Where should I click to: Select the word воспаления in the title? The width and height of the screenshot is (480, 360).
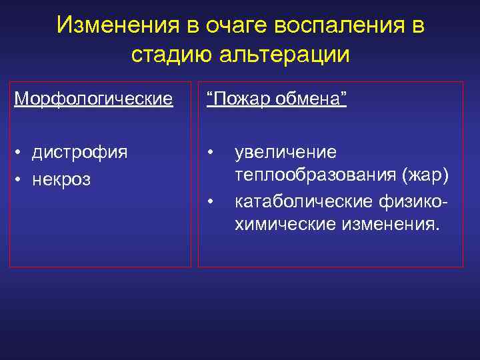point(340,25)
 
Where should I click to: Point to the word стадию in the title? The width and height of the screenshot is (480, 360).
point(171,55)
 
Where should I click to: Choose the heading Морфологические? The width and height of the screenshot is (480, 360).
point(94,99)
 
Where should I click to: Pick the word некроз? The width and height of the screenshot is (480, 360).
point(65,180)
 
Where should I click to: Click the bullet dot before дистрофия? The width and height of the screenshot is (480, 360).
point(21,153)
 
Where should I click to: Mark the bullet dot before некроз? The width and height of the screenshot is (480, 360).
point(21,181)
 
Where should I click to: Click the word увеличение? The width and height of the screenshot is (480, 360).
point(285,152)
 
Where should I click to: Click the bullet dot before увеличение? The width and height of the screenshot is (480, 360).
point(210,152)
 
